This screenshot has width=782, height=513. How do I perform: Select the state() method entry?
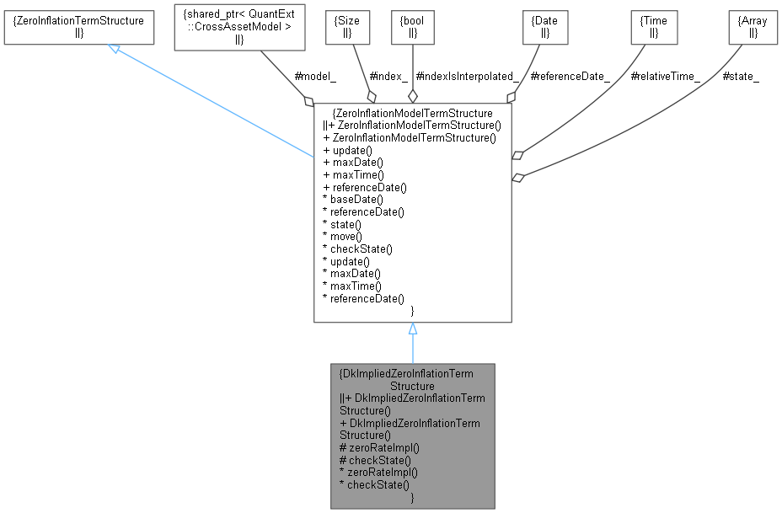[345, 224]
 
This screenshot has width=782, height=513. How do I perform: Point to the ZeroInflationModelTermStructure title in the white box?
[413, 112]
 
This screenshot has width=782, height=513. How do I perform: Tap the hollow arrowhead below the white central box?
[413, 329]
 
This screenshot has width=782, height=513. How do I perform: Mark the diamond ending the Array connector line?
[519, 177]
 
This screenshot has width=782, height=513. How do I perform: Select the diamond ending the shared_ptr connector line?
[310, 101]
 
